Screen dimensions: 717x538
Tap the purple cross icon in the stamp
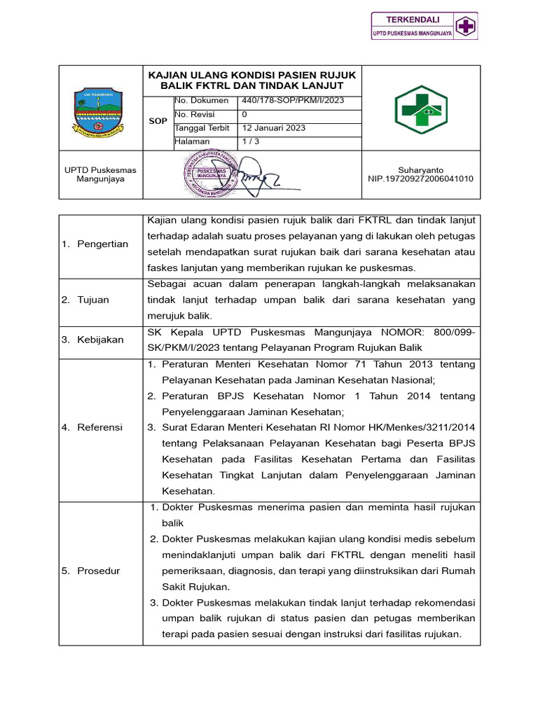(x=464, y=27)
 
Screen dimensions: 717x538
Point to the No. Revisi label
(x=195, y=114)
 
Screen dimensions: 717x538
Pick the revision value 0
(x=244, y=114)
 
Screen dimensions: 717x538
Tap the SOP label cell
(x=158, y=121)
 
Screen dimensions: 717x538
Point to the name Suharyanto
(x=420, y=170)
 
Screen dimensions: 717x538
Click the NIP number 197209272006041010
(x=420, y=179)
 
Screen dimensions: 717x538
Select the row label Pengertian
(x=102, y=244)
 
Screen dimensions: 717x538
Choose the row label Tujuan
(x=93, y=300)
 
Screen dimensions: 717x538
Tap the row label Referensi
(x=99, y=427)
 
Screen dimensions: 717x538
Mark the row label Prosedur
(x=99, y=571)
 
